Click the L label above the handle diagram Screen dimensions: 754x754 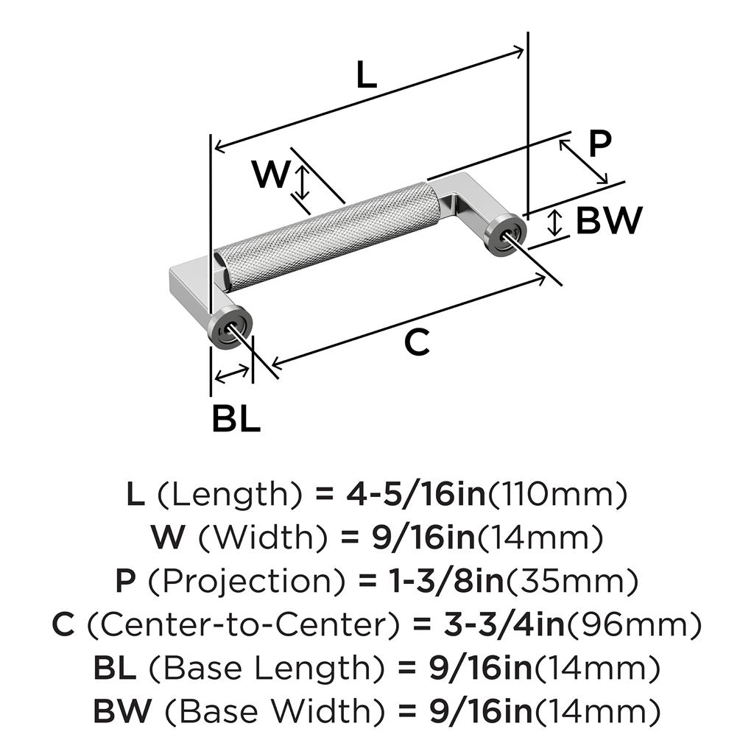366,75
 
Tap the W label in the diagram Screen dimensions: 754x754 271,175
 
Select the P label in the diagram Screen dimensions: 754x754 600,144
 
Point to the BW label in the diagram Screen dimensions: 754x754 609,219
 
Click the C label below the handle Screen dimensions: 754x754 417,342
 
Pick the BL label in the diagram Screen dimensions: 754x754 236,418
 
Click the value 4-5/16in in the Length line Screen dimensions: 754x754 415,495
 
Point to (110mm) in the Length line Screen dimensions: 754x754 557,495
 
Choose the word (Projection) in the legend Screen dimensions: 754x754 247,582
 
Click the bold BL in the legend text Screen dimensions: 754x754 115,669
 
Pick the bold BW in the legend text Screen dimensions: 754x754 121,712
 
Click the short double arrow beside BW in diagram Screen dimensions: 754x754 557,222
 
